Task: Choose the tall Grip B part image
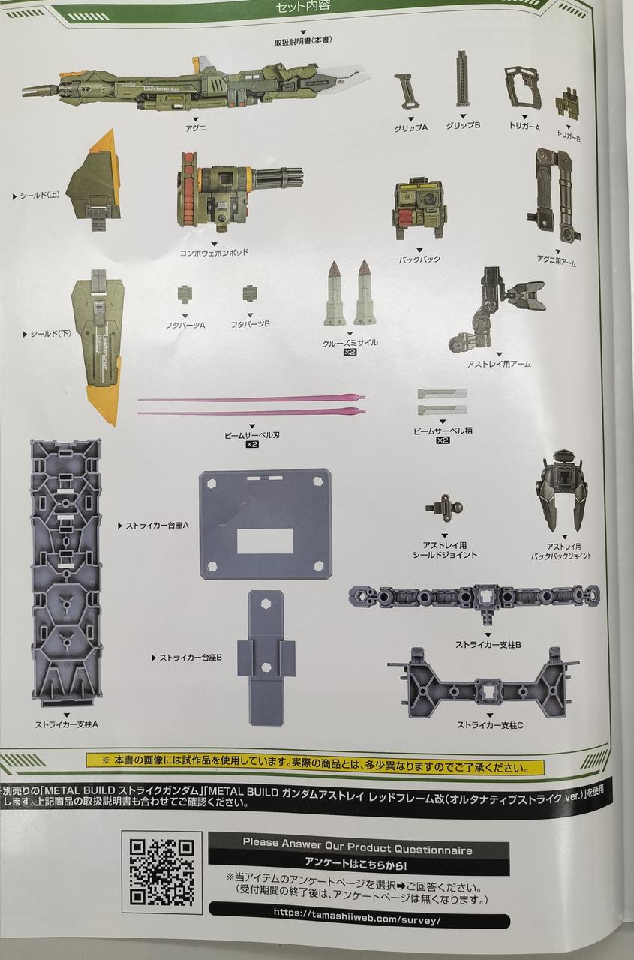click(x=462, y=82)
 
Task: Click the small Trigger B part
click(x=568, y=104)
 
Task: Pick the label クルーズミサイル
click(x=350, y=342)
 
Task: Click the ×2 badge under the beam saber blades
click(x=252, y=445)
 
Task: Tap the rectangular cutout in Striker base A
click(x=265, y=541)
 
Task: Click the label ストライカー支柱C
click(x=490, y=725)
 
